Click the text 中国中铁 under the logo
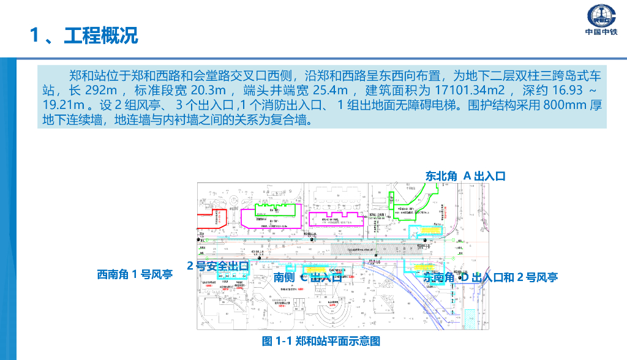click(x=601, y=32)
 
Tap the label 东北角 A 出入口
click(x=465, y=176)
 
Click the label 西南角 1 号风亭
click(x=135, y=274)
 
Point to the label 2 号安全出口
click(x=217, y=266)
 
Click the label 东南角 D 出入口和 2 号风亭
click(x=490, y=277)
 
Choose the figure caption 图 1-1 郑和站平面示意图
click(x=321, y=341)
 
